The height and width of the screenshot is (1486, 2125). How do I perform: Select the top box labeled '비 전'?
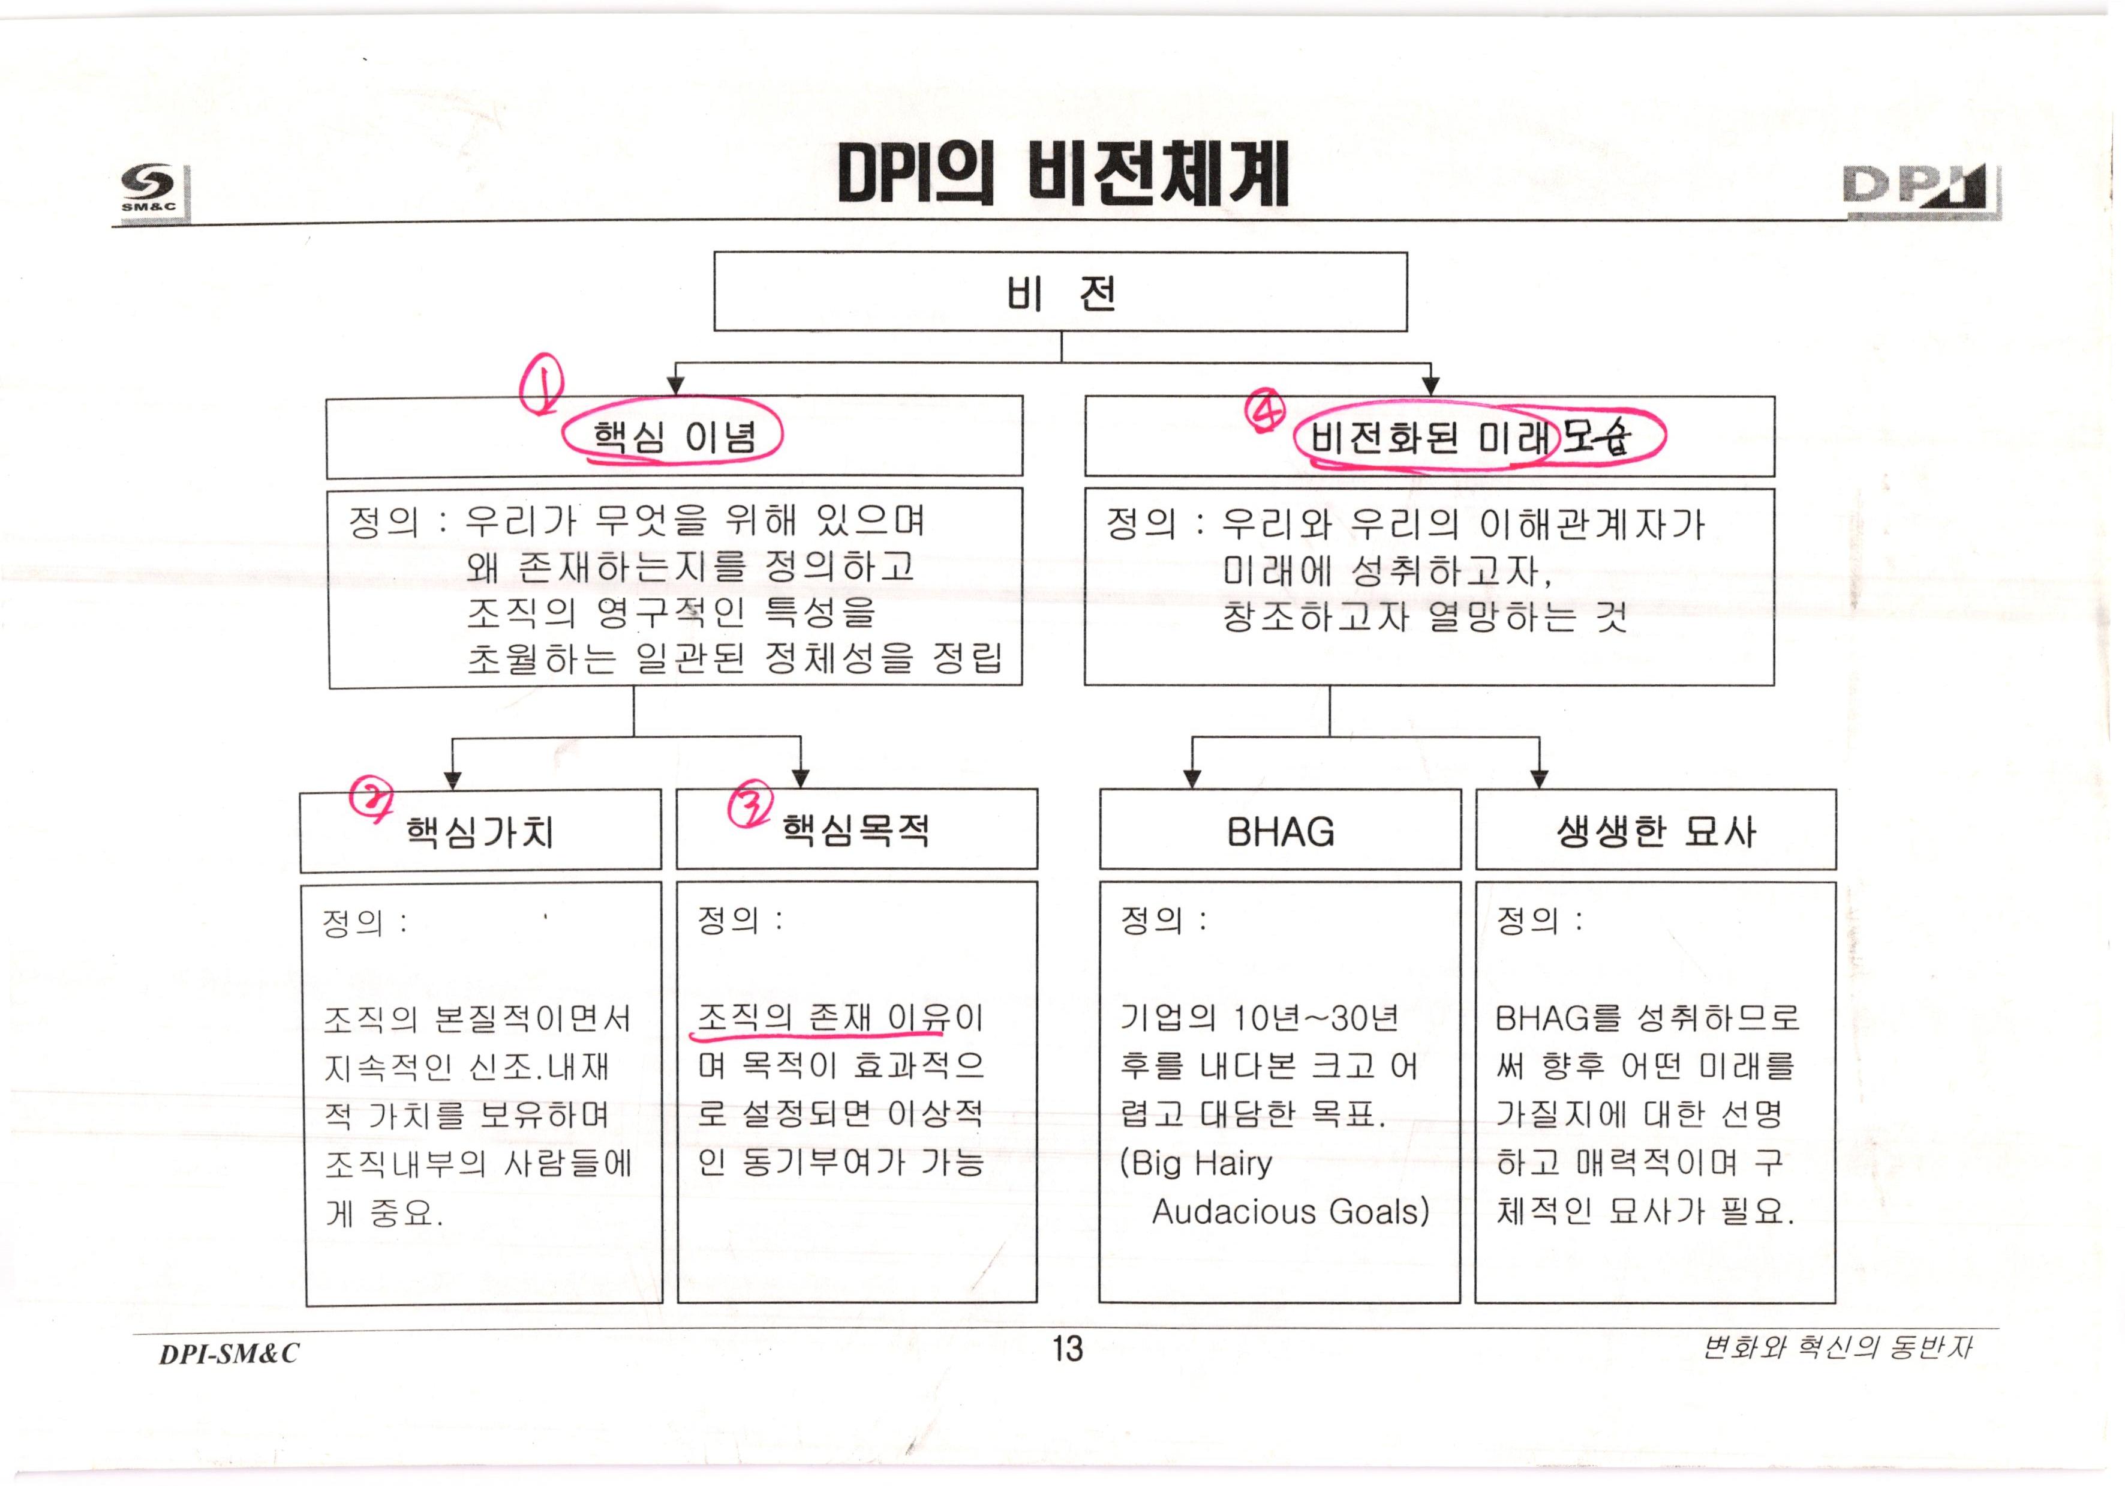click(1060, 292)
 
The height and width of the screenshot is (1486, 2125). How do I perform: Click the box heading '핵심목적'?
click(855, 829)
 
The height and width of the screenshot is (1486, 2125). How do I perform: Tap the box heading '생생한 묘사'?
click(1656, 831)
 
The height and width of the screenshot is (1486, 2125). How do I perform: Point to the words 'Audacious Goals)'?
click(1290, 1211)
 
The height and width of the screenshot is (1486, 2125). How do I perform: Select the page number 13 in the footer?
click(1067, 1348)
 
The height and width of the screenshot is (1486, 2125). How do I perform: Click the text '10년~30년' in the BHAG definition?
click(1316, 1018)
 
